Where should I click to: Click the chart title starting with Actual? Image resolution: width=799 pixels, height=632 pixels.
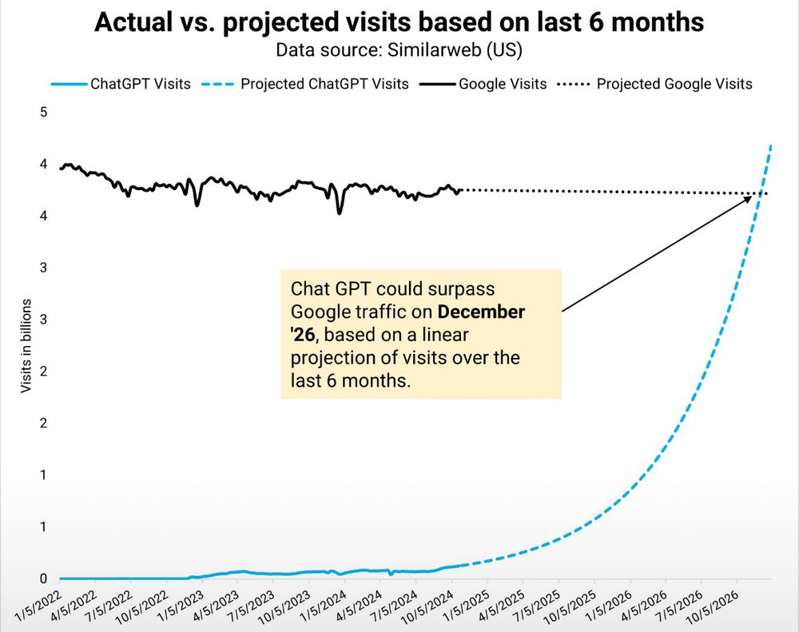[x=399, y=22]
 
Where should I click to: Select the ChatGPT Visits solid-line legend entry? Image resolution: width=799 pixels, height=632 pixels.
[x=120, y=83]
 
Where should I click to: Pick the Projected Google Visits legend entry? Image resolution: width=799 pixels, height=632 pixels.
[x=654, y=83]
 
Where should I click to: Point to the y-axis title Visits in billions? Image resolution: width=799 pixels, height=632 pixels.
[x=26, y=345]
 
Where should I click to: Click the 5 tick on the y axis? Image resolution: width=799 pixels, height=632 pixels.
[x=44, y=112]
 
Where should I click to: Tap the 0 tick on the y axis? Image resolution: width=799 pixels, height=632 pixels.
[x=44, y=578]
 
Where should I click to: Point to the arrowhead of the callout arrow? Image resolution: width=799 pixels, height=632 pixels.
[x=752, y=196]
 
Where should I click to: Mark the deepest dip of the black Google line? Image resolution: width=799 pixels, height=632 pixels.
[x=340, y=213]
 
